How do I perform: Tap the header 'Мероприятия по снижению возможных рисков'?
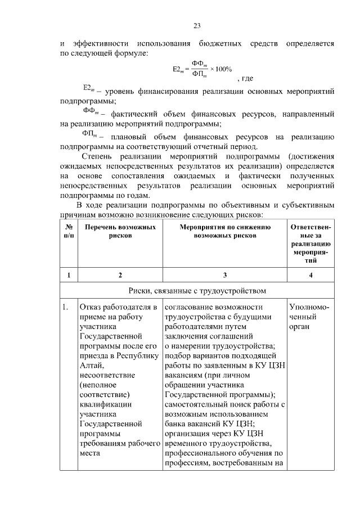point(224,231)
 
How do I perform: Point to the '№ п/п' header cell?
point(69,231)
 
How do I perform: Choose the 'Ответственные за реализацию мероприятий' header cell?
point(312,244)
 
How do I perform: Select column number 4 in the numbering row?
point(312,275)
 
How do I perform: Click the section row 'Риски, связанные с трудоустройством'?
point(197,291)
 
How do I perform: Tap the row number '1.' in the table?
point(66,307)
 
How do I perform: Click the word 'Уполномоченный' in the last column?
point(309,312)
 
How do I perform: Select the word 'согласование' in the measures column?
point(189,307)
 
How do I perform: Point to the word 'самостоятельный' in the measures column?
point(195,404)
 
